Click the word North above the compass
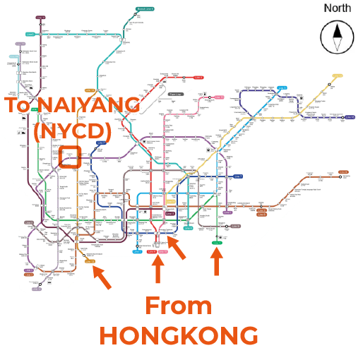pos(337,8)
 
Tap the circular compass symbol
pos(337,37)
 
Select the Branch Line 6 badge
pos(145,9)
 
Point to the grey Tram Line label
pos(175,94)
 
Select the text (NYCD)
pos(73,131)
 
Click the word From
pos(178,306)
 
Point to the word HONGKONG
pos(179,335)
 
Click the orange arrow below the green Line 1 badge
pos(217,261)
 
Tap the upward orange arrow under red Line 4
pos(158,269)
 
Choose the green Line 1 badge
pos(216,243)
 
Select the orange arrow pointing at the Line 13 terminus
pos(102,277)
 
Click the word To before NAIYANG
pos(18,106)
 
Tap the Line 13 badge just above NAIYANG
pos(90,90)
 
